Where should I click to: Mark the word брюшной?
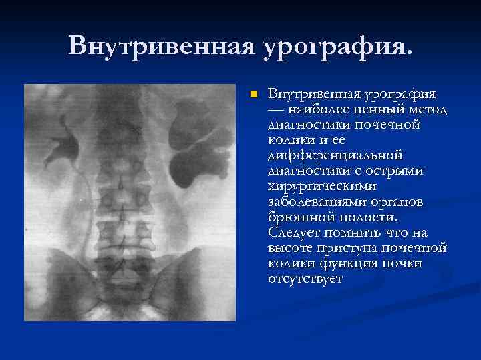click(298, 217)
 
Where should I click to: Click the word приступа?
click(351, 247)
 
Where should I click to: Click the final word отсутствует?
click(305, 278)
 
